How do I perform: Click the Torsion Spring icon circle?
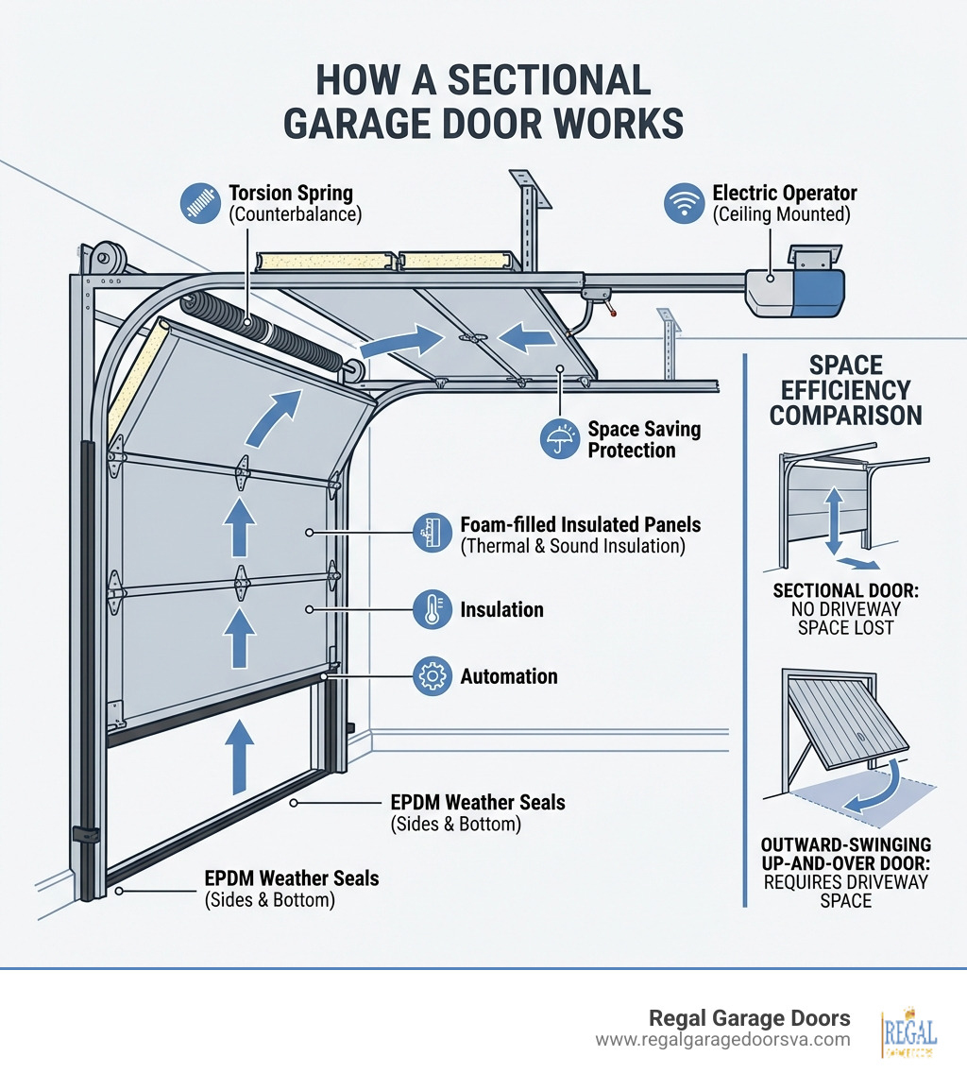[x=201, y=203]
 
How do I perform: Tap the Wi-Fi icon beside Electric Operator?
[x=684, y=203]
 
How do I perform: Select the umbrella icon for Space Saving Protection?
[x=560, y=439]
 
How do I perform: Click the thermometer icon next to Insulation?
[x=432, y=610]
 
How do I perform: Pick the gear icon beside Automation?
[x=432, y=676]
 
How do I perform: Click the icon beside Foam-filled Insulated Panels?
[x=432, y=535]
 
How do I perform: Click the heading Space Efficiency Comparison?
[x=845, y=389]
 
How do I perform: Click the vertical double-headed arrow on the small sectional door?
[x=834, y=519]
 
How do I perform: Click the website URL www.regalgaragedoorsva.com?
[x=722, y=1039]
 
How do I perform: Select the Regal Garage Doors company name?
[x=749, y=1018]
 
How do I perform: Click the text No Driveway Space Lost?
[x=845, y=618]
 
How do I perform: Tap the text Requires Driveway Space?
[x=846, y=891]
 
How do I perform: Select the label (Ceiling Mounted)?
[x=782, y=214]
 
